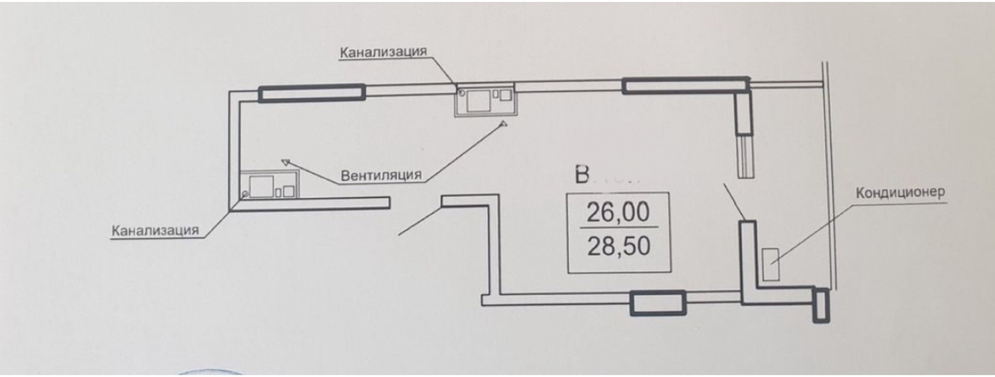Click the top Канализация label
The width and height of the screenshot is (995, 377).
[x=383, y=52]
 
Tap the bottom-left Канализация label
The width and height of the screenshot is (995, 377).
[x=155, y=230]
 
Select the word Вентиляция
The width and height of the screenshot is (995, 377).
[x=381, y=175]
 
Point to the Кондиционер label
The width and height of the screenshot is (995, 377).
[x=900, y=193]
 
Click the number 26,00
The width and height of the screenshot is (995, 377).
[x=618, y=212]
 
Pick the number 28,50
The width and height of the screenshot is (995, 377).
[x=618, y=246]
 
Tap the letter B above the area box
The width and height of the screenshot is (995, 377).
[x=582, y=175]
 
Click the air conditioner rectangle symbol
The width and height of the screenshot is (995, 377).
[x=770, y=265]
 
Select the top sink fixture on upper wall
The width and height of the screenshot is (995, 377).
[x=485, y=99]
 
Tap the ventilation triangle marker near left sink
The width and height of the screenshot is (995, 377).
[x=287, y=162]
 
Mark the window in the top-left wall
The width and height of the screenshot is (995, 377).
[x=312, y=93]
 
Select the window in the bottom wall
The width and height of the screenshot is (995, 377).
[x=657, y=303]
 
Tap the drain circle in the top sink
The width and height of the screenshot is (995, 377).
[x=462, y=94]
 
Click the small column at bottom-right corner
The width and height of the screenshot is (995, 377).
[x=819, y=305]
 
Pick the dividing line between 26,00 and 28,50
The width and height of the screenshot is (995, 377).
[x=618, y=228]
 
